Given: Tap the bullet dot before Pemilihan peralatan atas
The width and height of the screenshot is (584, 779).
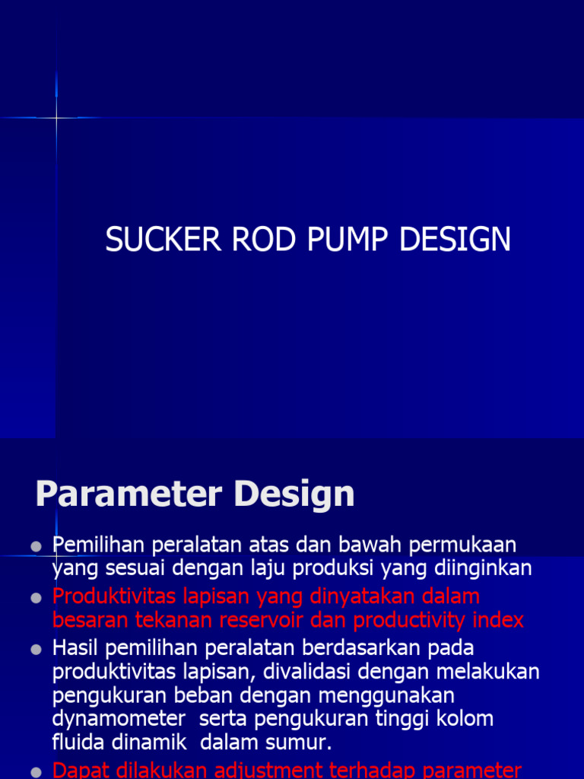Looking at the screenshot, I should point(36,547).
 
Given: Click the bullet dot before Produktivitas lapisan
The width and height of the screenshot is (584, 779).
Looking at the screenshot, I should point(36,599).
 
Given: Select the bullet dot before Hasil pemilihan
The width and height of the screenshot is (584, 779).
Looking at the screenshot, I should point(36,650).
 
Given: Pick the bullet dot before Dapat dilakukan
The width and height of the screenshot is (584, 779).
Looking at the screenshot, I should point(36,772).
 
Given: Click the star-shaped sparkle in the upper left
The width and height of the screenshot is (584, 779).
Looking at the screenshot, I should point(56,118).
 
